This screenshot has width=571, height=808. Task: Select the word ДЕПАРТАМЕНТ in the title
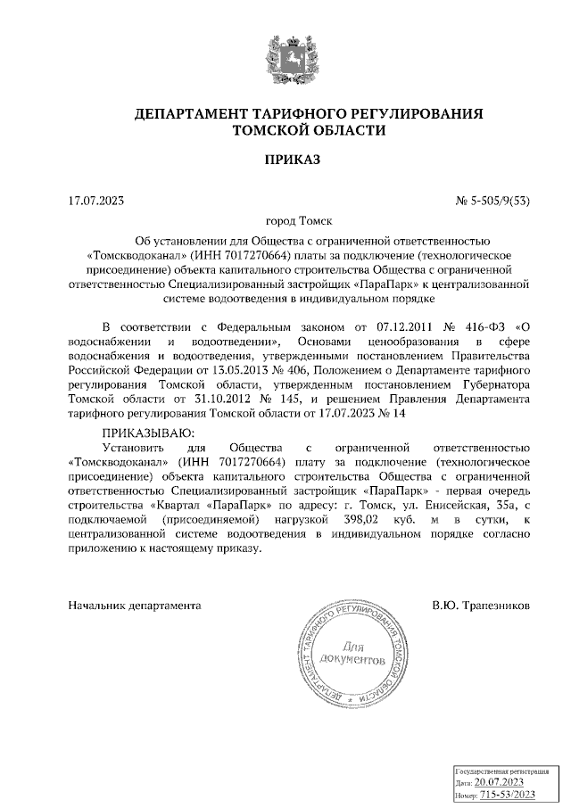point(186,113)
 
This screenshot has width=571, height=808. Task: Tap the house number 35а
point(509,504)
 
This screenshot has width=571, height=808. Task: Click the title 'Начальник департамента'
point(134,605)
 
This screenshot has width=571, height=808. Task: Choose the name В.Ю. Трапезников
point(481,605)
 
